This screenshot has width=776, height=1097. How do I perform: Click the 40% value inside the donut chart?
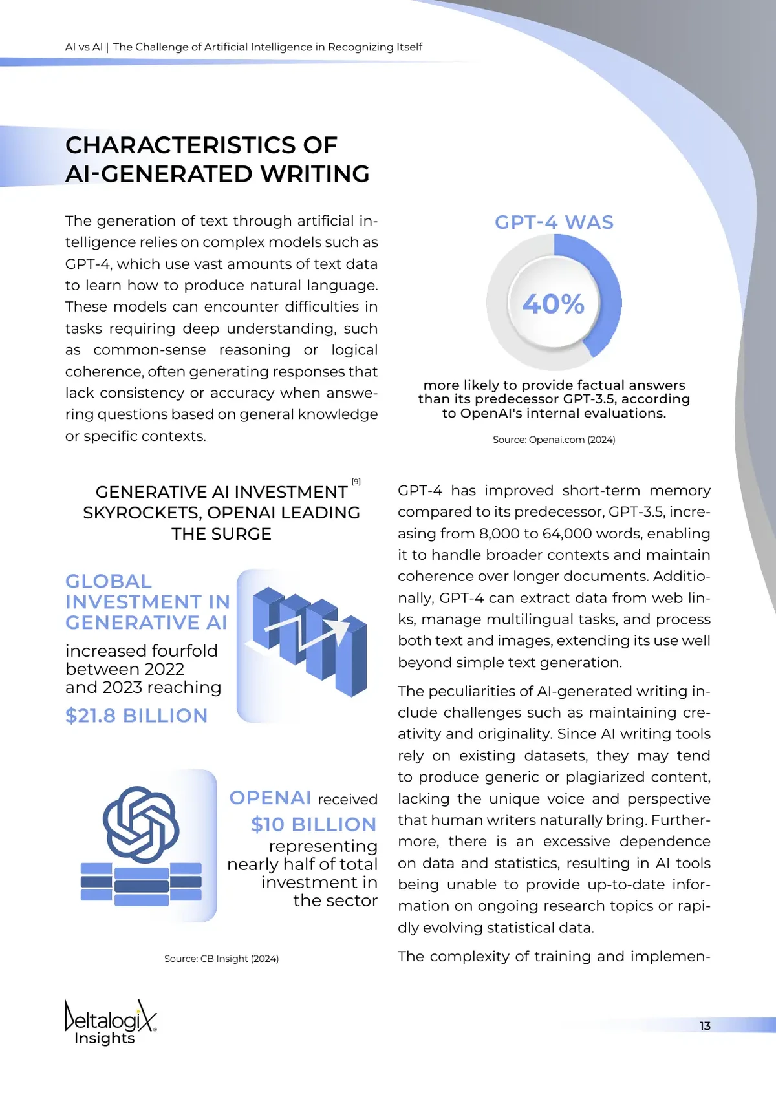[x=554, y=304]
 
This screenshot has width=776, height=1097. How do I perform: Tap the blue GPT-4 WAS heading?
[x=554, y=222]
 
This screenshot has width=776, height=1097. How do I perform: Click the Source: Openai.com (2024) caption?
[x=554, y=440]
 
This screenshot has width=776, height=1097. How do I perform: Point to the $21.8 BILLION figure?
[x=136, y=716]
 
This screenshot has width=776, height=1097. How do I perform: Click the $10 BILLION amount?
[x=314, y=824]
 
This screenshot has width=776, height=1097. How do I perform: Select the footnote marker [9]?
[x=356, y=482]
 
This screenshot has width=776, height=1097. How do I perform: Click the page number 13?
[x=705, y=1026]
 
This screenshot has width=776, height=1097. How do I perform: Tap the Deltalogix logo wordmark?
[x=111, y=1017]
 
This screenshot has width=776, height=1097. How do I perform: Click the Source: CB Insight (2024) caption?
[x=221, y=959]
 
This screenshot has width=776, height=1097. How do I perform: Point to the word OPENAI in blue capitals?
[x=270, y=798]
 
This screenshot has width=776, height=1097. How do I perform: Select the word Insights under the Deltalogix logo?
[x=105, y=1038]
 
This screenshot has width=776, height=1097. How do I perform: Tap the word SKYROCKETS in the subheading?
[x=141, y=513]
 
